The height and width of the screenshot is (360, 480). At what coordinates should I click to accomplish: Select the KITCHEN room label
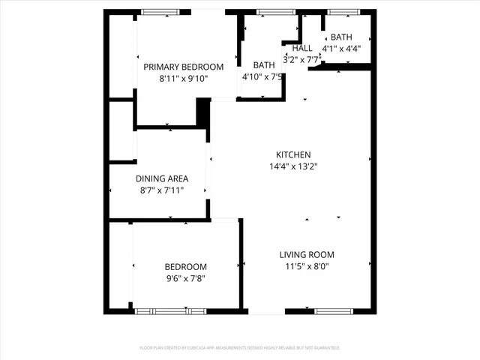tap(293, 154)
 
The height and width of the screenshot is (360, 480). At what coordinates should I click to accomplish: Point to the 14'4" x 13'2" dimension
tap(293, 166)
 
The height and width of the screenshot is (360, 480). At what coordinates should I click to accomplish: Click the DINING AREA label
tap(162, 178)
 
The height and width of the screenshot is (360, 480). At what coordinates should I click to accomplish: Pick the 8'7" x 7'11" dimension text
tap(162, 190)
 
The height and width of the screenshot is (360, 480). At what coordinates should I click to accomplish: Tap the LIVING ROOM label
tap(307, 254)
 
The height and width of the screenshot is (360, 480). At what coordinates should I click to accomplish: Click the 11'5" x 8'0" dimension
tap(307, 266)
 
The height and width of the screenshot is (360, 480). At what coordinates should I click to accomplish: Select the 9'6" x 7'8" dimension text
tap(185, 278)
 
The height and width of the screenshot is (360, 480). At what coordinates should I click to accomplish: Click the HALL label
tap(302, 48)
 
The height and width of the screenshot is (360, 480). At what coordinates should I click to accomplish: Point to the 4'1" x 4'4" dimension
tap(341, 49)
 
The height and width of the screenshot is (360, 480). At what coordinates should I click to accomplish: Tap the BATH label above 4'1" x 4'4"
tap(341, 37)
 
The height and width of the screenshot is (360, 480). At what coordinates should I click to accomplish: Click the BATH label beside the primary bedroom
tap(264, 65)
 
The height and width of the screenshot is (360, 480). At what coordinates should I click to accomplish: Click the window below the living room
tap(330, 310)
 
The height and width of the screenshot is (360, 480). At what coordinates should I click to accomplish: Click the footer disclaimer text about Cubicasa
tap(240, 348)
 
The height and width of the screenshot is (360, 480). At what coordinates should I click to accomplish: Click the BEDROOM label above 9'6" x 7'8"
tap(185, 267)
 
